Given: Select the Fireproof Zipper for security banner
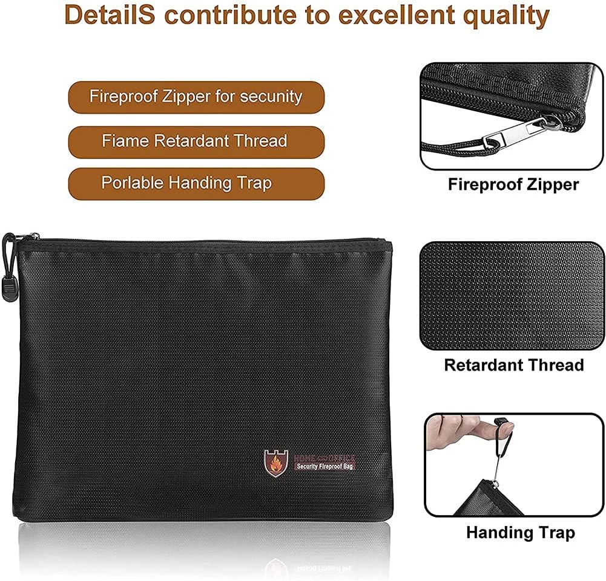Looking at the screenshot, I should (x=196, y=97).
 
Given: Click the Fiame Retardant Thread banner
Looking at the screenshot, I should (x=196, y=141).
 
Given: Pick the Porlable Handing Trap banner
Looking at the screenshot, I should (x=196, y=183).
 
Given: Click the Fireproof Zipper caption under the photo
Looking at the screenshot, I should (x=513, y=184).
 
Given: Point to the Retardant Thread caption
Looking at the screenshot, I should (x=513, y=365).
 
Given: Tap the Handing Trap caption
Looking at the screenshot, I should (x=520, y=533).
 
